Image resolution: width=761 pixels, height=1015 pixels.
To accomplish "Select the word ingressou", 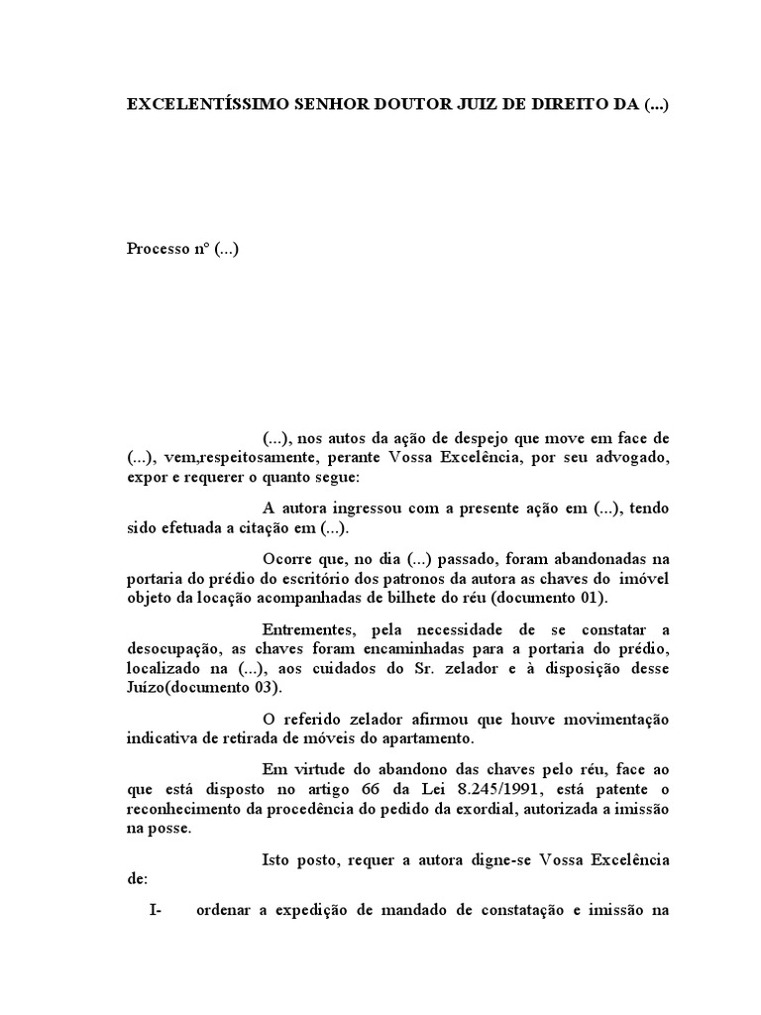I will point(372,508).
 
